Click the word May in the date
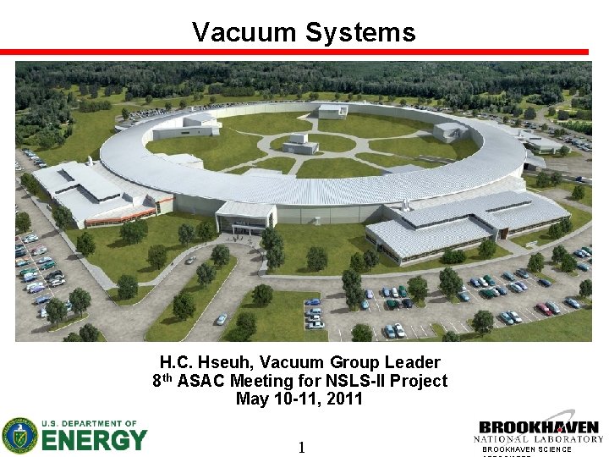pos(252,399)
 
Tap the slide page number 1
pos(301,448)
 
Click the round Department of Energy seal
pos(19,436)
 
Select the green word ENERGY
pos(94,441)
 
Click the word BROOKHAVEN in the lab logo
pos(539,427)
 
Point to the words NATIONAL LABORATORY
pos(539,439)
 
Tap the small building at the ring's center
pos(301,143)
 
